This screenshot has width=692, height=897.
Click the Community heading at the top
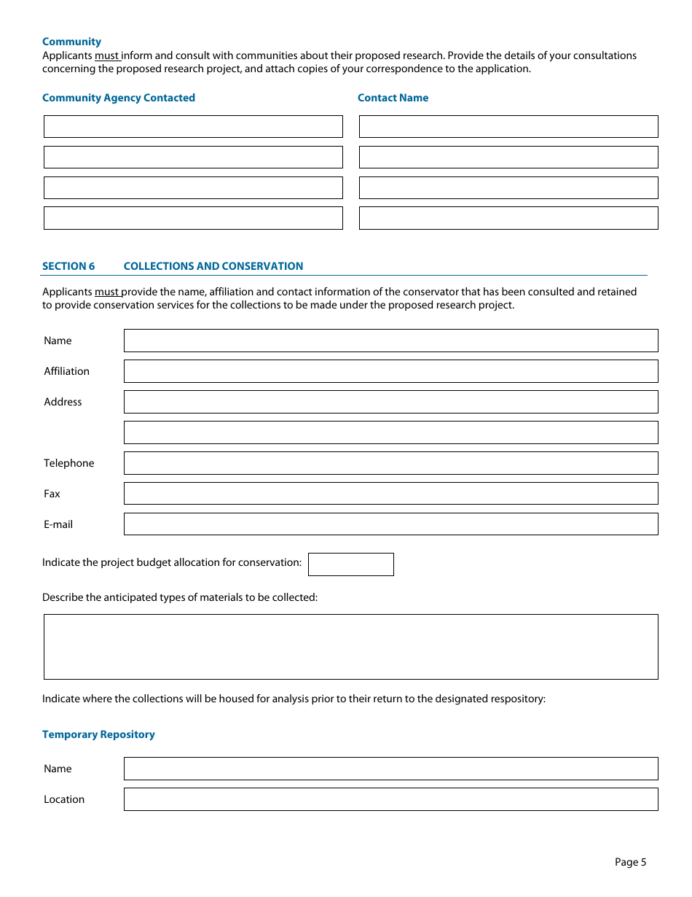pyautogui.click(x=71, y=42)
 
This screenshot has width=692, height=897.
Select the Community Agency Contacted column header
pyautogui.click(x=119, y=98)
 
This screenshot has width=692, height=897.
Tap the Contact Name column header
pyautogui.click(x=393, y=98)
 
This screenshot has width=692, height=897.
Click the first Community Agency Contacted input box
pyautogui.click(x=193, y=126)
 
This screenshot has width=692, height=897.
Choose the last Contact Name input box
pyautogui.click(x=508, y=218)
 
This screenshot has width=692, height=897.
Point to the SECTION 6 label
pyautogui.click(x=68, y=266)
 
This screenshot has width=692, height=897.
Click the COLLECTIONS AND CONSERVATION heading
pyautogui.click(x=213, y=266)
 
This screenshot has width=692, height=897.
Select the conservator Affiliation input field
pyautogui.click(x=390, y=371)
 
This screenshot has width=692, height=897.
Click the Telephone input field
pyautogui.click(x=390, y=463)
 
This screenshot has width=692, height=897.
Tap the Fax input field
pyautogui.click(x=390, y=494)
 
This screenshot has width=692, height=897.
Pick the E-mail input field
pyautogui.click(x=390, y=524)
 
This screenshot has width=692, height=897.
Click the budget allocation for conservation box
pyautogui.click(x=351, y=564)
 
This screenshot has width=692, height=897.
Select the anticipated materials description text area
pyautogui.click(x=350, y=647)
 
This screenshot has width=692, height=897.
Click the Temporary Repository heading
pyautogui.click(x=98, y=734)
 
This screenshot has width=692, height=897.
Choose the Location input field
pyautogui.click(x=390, y=799)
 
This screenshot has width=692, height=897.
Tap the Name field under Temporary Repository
pyautogui.click(x=390, y=769)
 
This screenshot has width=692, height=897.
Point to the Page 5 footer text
pyautogui.click(x=630, y=862)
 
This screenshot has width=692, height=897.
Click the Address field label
pyautogui.click(x=63, y=402)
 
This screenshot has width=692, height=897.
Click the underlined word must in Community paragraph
pyautogui.click(x=107, y=55)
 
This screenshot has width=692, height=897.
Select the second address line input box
pyautogui.click(x=390, y=432)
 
